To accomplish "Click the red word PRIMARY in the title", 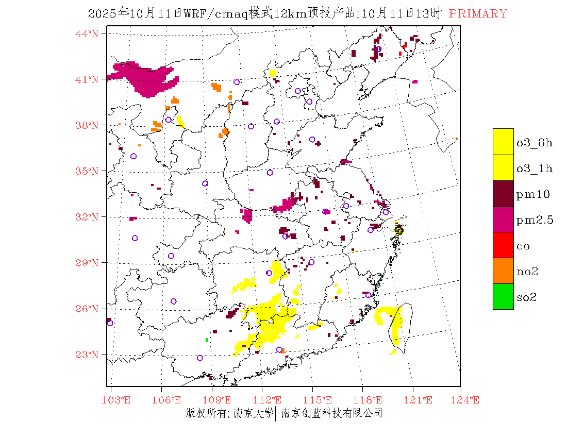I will coord(478,14).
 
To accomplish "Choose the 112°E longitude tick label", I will coord(270,400).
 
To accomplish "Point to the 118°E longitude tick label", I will coord(370,400).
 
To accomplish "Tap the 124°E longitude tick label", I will coord(468,400).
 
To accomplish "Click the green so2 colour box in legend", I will coord(503,296).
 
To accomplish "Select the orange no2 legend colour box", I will coord(503,271).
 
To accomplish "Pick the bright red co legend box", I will coord(503,245).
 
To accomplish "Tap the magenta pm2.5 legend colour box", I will coord(503,219).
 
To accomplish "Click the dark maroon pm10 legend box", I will coord(503,193).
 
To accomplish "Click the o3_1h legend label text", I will coord(535,169).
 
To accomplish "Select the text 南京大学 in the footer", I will coord(253,413).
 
